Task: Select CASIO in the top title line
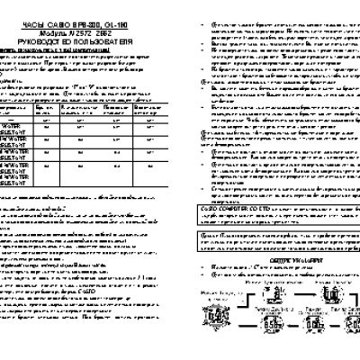71,14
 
